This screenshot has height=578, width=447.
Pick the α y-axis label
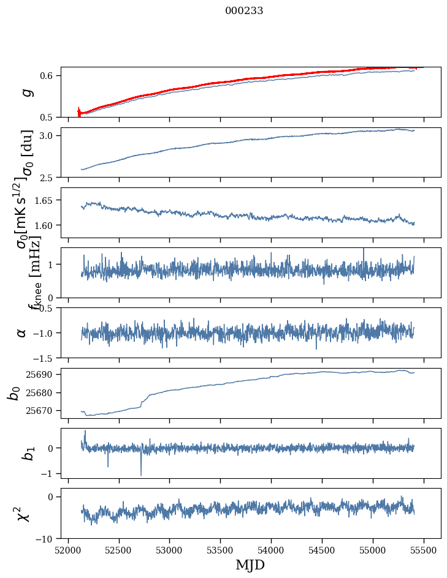tap(22, 332)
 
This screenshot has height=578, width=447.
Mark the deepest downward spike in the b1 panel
tap(141, 475)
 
